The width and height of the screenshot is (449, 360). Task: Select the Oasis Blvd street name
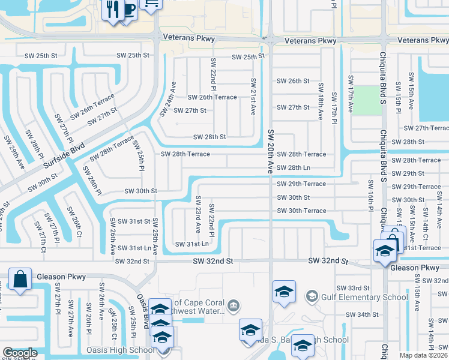point(143,310)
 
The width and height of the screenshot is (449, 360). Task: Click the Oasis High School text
point(120,350)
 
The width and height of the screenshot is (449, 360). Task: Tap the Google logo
point(20,353)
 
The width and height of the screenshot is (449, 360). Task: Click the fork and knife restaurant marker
point(112,9)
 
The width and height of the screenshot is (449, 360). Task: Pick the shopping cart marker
point(151,3)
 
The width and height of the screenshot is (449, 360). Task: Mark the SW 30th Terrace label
point(301,211)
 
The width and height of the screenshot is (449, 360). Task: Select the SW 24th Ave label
point(167,99)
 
